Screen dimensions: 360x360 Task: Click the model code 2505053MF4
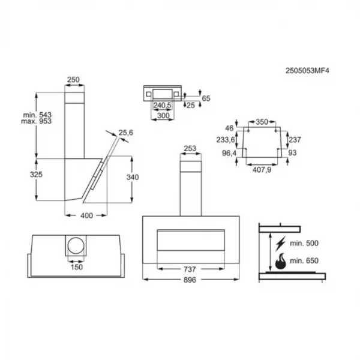tap(307, 70)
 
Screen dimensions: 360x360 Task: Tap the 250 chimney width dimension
tap(73, 80)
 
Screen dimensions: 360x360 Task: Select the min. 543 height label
tap(37, 115)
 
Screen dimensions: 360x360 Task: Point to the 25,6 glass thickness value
tap(126, 133)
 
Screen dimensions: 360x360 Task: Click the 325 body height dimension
tap(36, 175)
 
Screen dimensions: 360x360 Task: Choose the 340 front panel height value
tap(133, 177)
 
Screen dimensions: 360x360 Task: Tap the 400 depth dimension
tap(87, 215)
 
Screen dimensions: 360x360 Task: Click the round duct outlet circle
tap(76, 245)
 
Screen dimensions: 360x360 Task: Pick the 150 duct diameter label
tap(77, 267)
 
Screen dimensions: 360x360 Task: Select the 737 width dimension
tap(190, 269)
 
